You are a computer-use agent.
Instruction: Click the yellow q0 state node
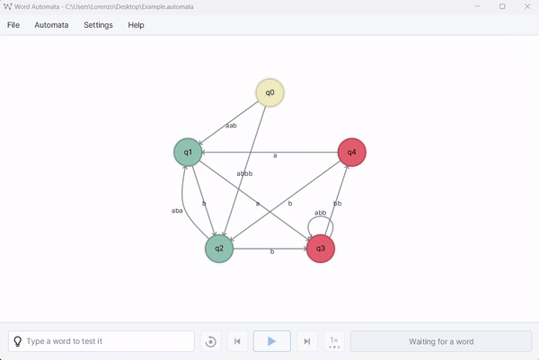click(269, 92)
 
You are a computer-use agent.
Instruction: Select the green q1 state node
click(188, 152)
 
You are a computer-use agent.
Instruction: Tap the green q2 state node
click(219, 249)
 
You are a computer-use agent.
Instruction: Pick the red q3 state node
click(321, 249)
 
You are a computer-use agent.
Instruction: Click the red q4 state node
click(351, 152)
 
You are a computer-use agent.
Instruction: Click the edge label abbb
click(244, 173)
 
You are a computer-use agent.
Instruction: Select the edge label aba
click(177, 211)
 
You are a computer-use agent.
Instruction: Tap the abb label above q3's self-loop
click(321, 213)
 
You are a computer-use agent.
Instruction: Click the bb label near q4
click(338, 204)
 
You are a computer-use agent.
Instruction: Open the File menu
click(13, 25)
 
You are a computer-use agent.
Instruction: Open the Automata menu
click(51, 25)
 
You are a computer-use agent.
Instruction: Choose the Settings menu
click(98, 25)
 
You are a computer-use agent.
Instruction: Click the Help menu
click(136, 25)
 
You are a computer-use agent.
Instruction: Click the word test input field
click(108, 341)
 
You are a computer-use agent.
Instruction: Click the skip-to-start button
click(237, 341)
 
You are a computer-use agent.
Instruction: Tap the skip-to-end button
click(307, 341)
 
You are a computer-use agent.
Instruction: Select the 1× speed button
click(334, 341)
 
